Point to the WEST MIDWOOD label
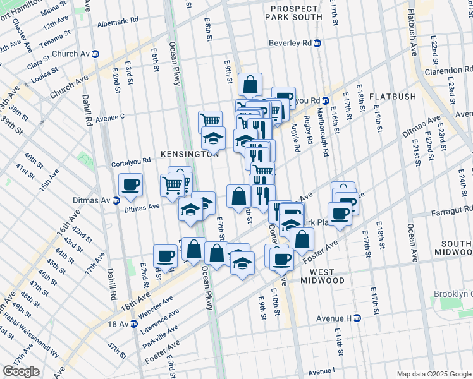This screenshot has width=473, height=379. pyautogui.click(x=322, y=276)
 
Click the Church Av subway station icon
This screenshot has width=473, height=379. pyautogui.click(x=95, y=54)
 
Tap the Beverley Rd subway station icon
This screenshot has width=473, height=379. pyautogui.click(x=318, y=43)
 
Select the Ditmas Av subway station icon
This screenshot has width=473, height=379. pyautogui.click(x=116, y=201)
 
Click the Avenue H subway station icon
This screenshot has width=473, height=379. pyautogui.click(x=357, y=318)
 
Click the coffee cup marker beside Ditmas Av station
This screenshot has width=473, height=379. pyautogui.click(x=131, y=185)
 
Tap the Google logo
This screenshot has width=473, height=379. pyautogui.click(x=21, y=371)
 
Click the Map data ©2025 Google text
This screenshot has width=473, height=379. pyautogui.click(x=433, y=374)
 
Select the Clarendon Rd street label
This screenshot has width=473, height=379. pyautogui.click(x=451, y=69)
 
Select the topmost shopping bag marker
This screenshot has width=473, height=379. pyautogui.click(x=250, y=84)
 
